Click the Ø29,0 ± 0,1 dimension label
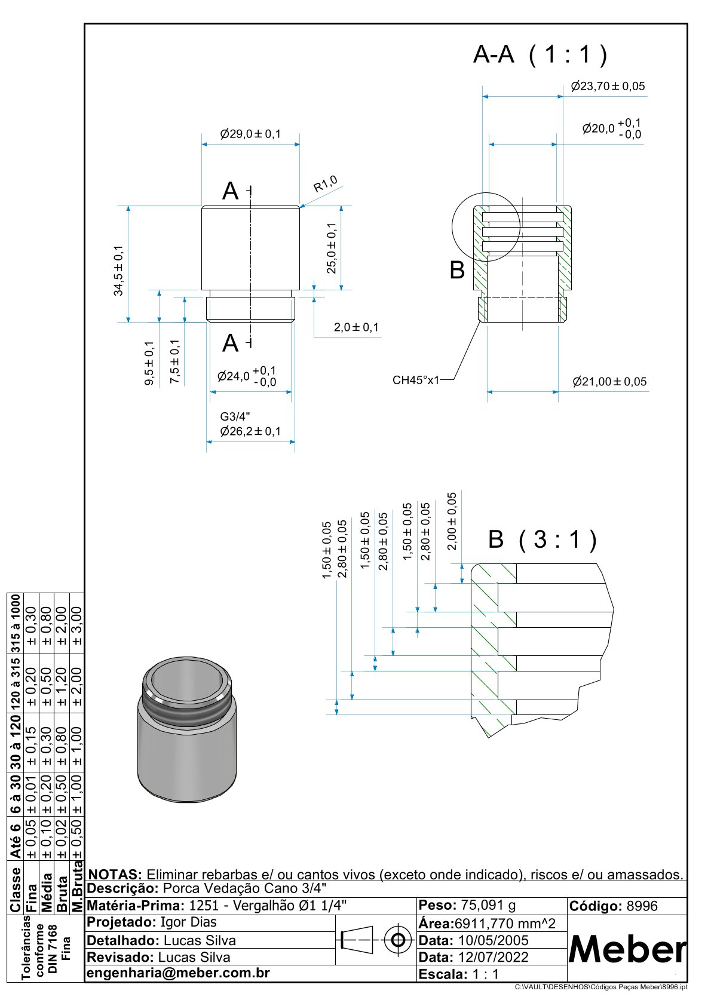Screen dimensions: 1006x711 click(x=250, y=134)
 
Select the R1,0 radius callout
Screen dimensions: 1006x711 click(x=326, y=183)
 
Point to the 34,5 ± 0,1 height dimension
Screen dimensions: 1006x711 click(x=119, y=271)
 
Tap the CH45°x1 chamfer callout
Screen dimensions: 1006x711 click(x=416, y=380)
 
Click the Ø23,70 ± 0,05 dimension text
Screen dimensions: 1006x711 click(x=608, y=86)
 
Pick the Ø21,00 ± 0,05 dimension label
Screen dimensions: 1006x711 click(x=609, y=382)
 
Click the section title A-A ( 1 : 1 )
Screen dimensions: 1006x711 click(x=540, y=54)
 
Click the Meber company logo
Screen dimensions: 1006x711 click(x=627, y=949)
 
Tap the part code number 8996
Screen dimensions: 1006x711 click(x=642, y=906)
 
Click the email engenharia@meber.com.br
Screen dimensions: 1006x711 click(x=179, y=973)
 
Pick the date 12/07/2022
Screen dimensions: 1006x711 click(x=493, y=957)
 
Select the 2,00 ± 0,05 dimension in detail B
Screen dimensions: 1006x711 click(x=452, y=521)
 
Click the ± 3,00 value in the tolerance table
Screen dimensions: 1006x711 click(x=76, y=626)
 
